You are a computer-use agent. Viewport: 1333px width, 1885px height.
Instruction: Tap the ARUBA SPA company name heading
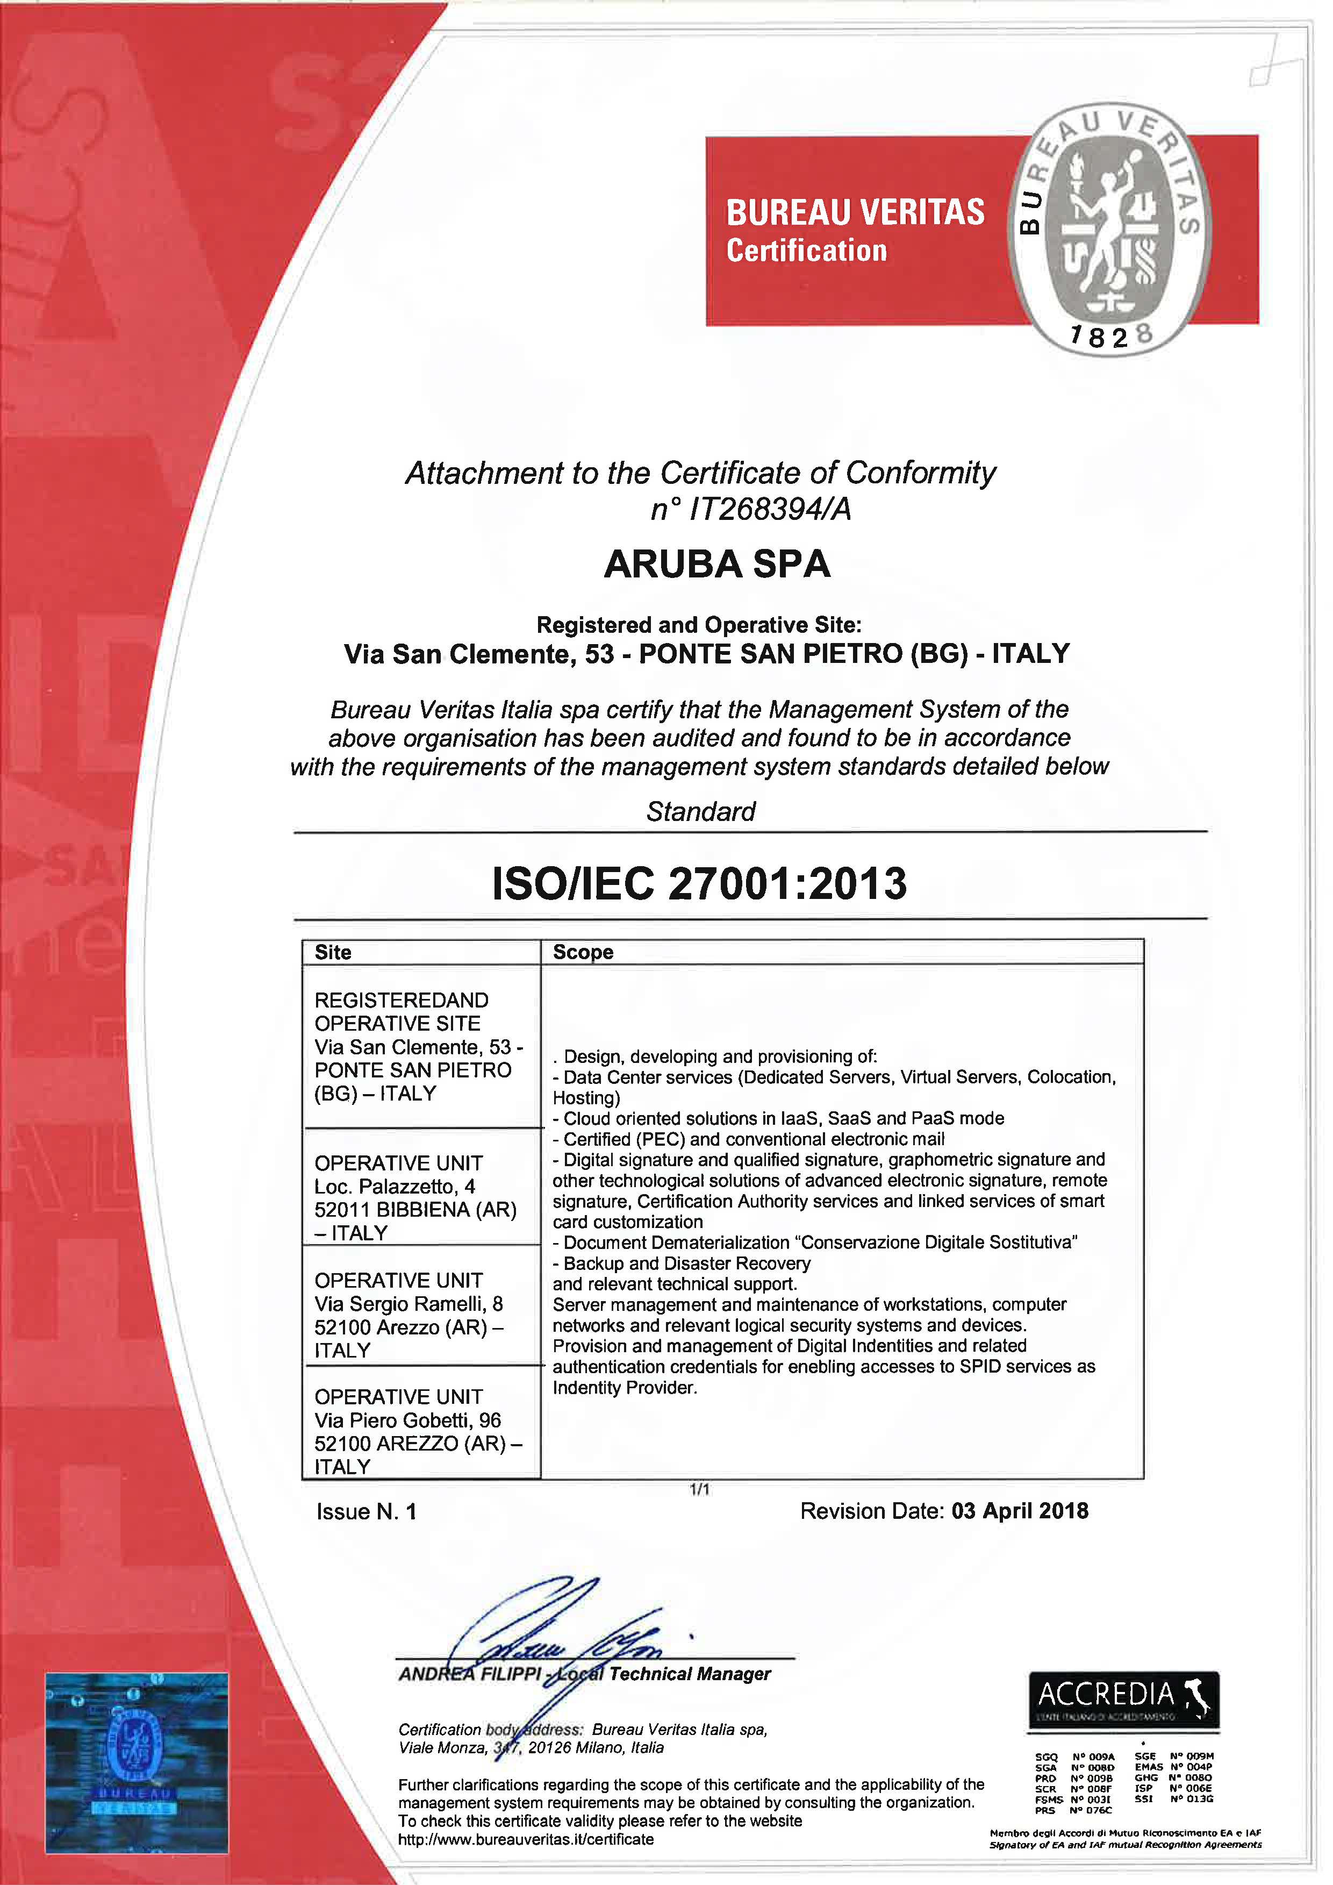[x=716, y=564]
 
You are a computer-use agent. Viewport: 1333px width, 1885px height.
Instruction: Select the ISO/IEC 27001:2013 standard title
[x=699, y=883]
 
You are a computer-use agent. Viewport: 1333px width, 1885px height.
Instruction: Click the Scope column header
[x=583, y=952]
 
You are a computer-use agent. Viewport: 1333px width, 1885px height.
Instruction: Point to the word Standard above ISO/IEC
[x=700, y=812]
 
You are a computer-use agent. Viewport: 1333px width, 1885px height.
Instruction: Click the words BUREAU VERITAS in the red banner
[x=855, y=212]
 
